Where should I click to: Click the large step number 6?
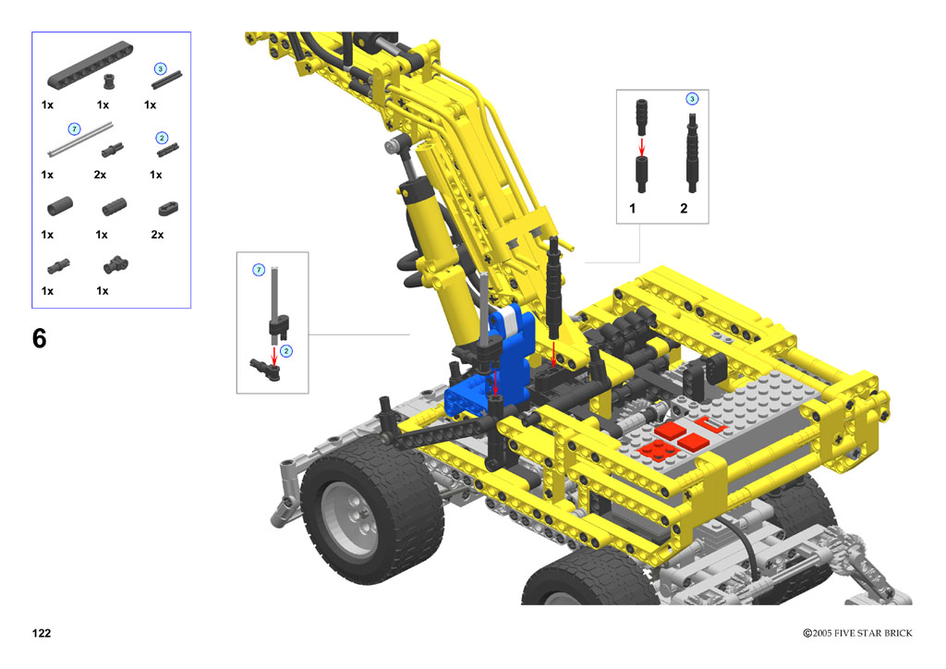[39, 338]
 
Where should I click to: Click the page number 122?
[42, 633]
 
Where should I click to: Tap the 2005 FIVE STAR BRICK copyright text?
[857, 633]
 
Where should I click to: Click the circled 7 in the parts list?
[74, 129]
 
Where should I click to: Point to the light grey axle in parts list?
[79, 140]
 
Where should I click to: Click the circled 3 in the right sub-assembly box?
[692, 98]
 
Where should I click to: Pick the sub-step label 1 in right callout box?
[632, 208]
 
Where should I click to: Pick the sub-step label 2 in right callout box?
[684, 208]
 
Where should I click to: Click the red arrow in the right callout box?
[642, 147]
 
